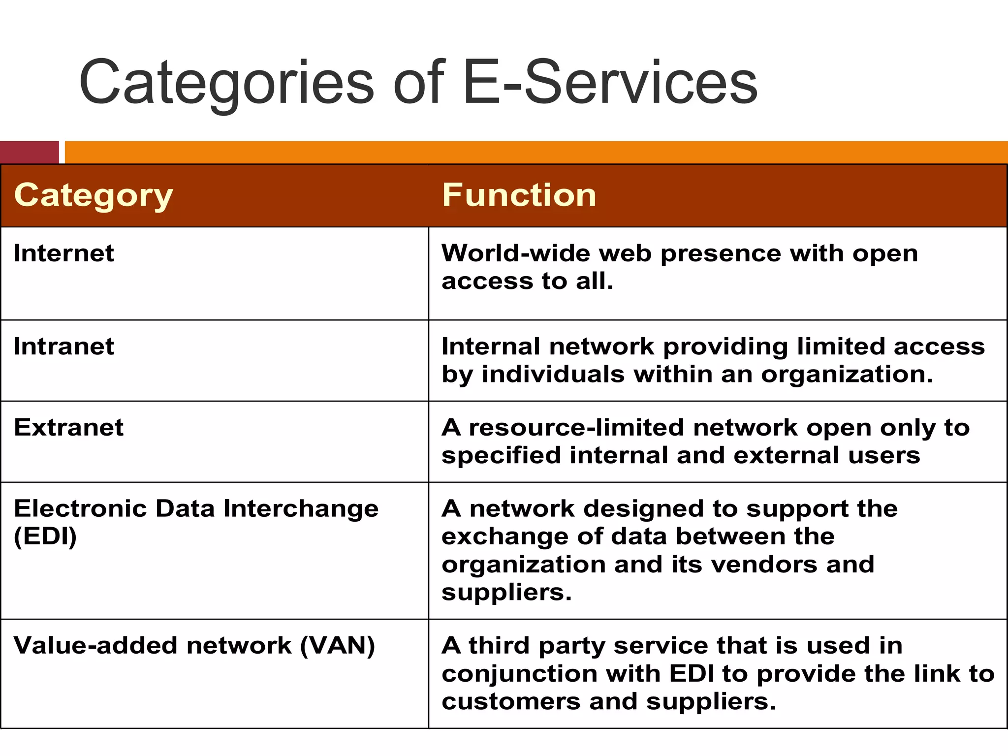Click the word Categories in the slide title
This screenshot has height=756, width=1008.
[226, 84]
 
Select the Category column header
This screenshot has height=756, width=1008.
[94, 195]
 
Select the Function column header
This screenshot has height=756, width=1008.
[519, 195]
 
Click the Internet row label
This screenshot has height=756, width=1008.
[64, 253]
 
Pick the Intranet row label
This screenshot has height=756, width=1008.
[64, 346]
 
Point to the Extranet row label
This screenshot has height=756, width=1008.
[69, 427]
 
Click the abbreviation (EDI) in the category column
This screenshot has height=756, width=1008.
[45, 536]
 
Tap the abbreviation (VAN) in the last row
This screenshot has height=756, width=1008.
[338, 646]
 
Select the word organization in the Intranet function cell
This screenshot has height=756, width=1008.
[847, 375]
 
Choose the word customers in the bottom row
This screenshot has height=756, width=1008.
[511, 702]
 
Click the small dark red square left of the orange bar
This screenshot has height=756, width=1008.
[30, 152]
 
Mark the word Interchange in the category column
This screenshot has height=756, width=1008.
[301, 508]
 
